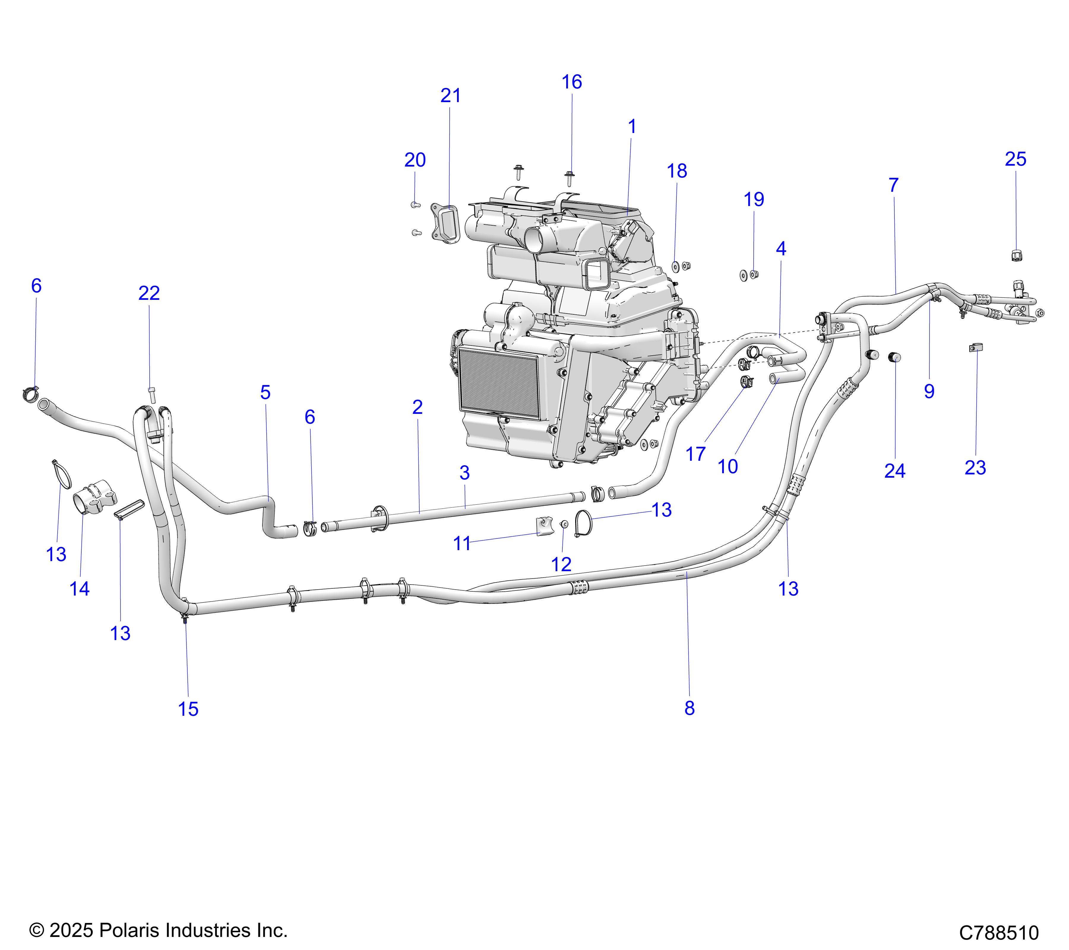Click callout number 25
tap(1015, 159)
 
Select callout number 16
tap(572, 82)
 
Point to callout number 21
tap(450, 96)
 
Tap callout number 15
tap(188, 710)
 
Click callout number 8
tap(689, 708)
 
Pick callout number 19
tap(754, 199)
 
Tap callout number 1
tap(632, 126)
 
